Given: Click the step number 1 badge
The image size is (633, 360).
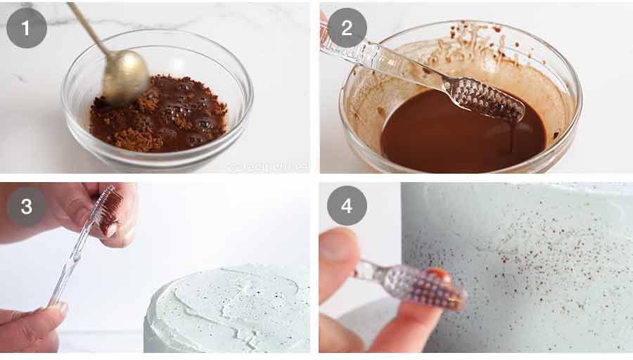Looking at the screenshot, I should [x=27, y=27].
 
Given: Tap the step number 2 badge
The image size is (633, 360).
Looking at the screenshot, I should [x=347, y=27].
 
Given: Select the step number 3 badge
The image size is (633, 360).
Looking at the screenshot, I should [x=27, y=206].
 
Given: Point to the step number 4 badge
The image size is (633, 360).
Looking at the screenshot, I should [x=347, y=205].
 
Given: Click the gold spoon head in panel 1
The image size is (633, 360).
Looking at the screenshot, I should [x=126, y=76].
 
